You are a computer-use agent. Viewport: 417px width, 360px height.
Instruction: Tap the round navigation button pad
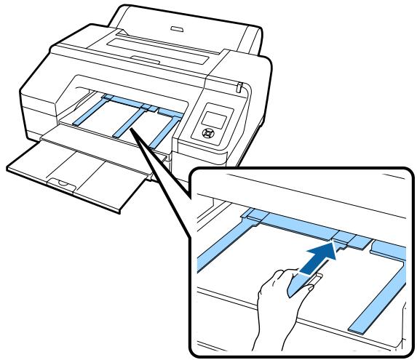(x=206, y=135)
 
